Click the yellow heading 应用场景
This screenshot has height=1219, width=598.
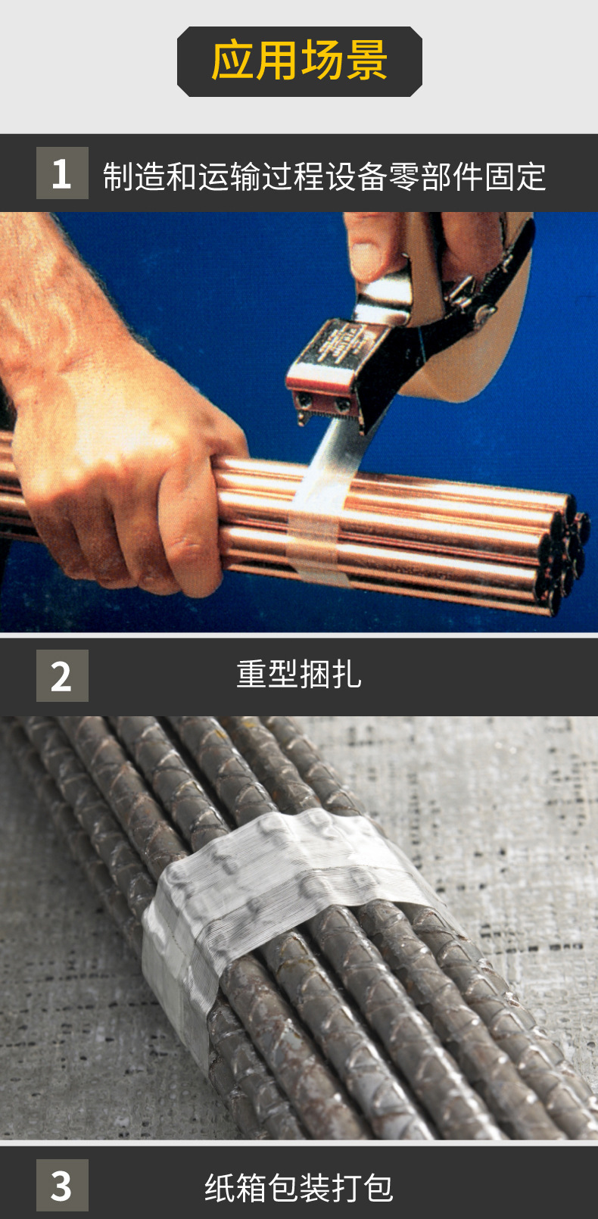299,61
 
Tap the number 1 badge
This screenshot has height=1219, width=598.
62,173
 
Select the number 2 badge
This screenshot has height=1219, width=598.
62,675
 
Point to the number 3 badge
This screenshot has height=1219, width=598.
62,1185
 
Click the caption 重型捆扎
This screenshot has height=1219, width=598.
299,675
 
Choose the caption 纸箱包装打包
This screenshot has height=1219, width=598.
299,1187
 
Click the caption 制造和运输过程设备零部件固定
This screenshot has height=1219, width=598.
324,176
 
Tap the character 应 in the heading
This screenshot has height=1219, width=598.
233,61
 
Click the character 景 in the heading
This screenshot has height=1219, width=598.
366,61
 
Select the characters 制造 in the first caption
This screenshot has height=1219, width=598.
134,176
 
